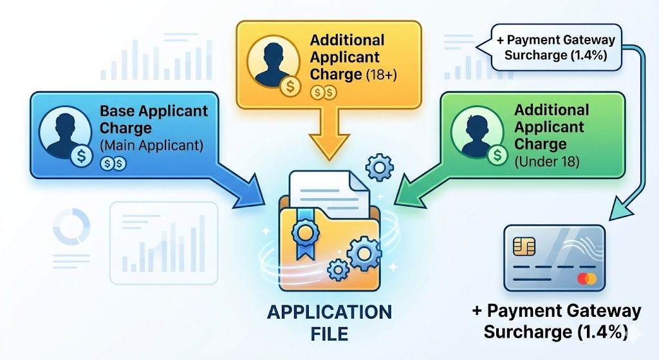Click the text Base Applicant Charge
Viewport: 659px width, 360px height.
click(x=154, y=119)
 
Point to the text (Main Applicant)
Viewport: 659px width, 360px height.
click(x=151, y=146)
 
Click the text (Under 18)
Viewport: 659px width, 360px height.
click(x=547, y=162)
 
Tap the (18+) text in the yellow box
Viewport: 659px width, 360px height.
click(x=382, y=75)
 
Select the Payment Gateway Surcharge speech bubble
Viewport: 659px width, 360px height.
click(x=555, y=47)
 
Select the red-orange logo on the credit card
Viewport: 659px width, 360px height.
click(x=587, y=278)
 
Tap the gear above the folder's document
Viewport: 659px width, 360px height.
click(x=379, y=168)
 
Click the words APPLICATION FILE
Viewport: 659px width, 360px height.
click(x=329, y=323)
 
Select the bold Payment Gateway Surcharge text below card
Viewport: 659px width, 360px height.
click(x=556, y=321)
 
